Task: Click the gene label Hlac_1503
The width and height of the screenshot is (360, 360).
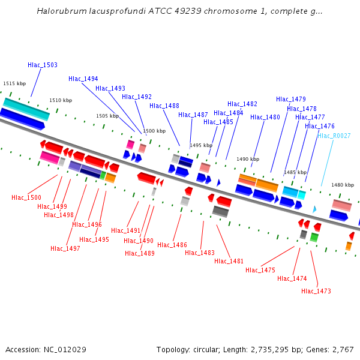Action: coord(43,65)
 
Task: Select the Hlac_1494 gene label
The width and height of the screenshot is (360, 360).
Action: coord(83,79)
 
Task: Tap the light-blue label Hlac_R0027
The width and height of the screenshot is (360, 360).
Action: coord(334,136)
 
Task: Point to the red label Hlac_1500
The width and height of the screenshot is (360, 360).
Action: coord(26,197)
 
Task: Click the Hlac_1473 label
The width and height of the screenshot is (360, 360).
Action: coord(316,291)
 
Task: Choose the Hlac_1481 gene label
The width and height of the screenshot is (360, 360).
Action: coord(229,261)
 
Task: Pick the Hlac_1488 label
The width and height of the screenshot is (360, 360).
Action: coord(164,106)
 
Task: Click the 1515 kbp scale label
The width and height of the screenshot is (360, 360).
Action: coord(14,84)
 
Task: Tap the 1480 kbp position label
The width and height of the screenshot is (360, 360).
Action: coord(343,185)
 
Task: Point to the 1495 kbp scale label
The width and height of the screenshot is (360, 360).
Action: coord(201,145)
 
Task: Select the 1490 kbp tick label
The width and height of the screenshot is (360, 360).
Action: coord(248,159)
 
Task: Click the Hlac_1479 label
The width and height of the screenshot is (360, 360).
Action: coord(291,99)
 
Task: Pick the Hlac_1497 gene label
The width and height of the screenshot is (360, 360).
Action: coord(65,248)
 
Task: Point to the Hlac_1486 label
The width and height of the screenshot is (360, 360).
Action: coord(172,245)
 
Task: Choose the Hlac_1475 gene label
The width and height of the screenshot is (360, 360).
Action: coord(260,270)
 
